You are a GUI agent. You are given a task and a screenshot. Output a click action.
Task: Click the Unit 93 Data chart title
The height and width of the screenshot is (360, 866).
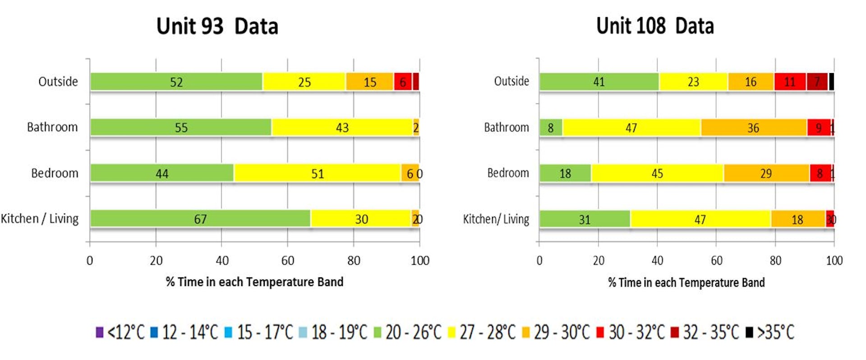coord(217,26)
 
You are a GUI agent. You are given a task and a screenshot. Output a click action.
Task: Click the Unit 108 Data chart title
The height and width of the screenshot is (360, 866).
coord(655,26)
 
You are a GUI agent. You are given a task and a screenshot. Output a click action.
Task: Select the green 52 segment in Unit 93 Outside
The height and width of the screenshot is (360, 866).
coord(176,82)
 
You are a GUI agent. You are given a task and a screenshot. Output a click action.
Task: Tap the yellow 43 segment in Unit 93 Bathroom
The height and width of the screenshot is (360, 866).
coord(342,128)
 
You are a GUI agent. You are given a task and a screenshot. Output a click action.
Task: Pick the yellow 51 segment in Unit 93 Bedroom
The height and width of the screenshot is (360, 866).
coord(317,173)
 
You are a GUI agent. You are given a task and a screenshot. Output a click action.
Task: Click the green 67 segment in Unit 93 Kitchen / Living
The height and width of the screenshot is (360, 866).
coord(200,219)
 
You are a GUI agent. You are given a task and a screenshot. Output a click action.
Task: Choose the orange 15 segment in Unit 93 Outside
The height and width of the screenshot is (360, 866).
coord(369,82)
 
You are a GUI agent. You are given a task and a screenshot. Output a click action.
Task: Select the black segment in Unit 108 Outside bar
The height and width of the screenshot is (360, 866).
coord(831,82)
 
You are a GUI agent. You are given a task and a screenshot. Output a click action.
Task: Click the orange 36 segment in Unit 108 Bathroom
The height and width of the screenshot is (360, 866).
coord(753,128)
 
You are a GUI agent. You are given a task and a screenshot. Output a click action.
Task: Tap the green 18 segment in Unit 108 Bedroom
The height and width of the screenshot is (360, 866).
coord(565,173)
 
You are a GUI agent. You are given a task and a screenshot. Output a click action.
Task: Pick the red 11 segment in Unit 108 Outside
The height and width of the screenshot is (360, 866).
coord(790,82)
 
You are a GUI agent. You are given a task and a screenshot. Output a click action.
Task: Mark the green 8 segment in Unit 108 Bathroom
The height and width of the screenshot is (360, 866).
coord(551,128)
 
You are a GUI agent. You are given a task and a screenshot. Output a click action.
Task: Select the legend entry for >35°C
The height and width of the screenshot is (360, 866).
coord(770,332)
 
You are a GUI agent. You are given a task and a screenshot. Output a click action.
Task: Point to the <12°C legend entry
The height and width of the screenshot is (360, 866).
coord(120,332)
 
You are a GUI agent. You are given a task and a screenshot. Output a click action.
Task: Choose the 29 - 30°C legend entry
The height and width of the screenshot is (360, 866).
coord(556,332)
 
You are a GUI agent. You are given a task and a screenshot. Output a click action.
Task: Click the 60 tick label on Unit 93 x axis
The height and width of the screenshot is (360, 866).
coord(288,261)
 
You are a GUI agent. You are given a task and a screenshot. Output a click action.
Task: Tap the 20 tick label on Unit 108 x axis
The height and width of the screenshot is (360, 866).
coord(599,261)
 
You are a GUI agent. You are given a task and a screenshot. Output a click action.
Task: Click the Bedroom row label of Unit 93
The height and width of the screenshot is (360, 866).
coord(55,173)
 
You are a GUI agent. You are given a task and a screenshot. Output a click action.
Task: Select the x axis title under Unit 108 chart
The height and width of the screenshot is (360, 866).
coord(686,282)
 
